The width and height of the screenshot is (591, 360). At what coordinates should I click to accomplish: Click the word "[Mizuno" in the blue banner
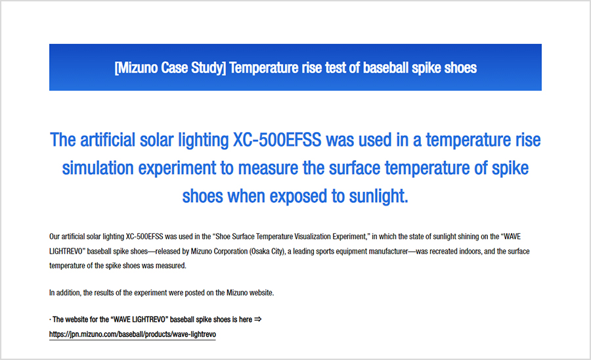pos(136,68)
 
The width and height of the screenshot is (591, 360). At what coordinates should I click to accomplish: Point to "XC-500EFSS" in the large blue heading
pos(277,140)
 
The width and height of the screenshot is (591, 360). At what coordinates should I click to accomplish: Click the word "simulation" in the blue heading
pos(98,168)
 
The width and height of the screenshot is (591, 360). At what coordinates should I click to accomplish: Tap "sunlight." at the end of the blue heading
pos(378,196)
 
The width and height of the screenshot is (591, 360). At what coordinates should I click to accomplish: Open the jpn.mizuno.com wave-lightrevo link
pos(132,334)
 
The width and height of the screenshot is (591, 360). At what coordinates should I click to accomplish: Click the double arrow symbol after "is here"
pos(258,319)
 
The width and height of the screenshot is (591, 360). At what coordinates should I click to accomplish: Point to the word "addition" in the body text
pos(68,293)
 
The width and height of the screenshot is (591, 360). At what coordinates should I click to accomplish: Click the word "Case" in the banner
pos(175,68)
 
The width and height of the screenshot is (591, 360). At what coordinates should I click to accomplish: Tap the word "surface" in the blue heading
pos(355,168)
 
